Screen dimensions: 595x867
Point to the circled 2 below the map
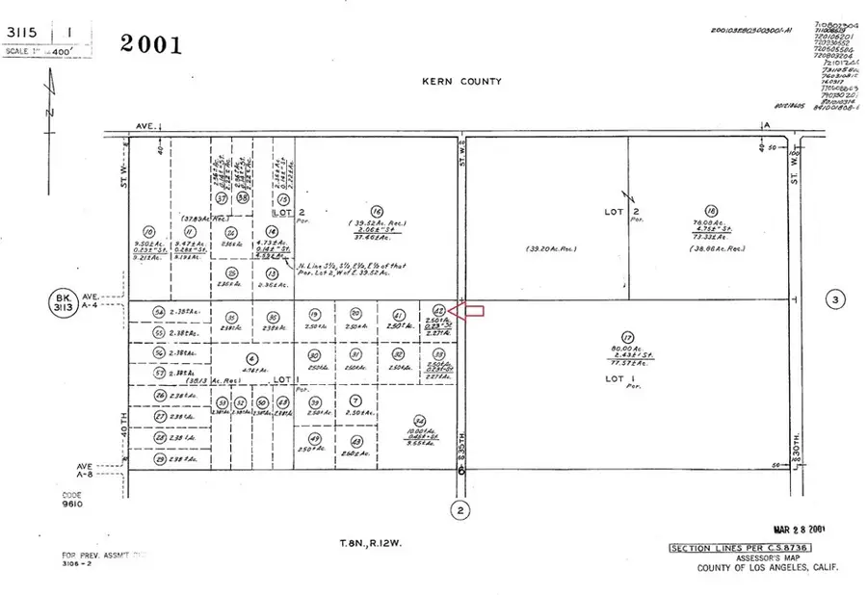(461, 509)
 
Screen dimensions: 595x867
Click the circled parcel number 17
(628, 337)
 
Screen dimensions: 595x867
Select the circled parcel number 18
(711, 211)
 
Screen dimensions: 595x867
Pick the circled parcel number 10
(147, 231)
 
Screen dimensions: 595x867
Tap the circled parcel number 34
(419, 419)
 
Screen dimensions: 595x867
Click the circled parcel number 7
(355, 400)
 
